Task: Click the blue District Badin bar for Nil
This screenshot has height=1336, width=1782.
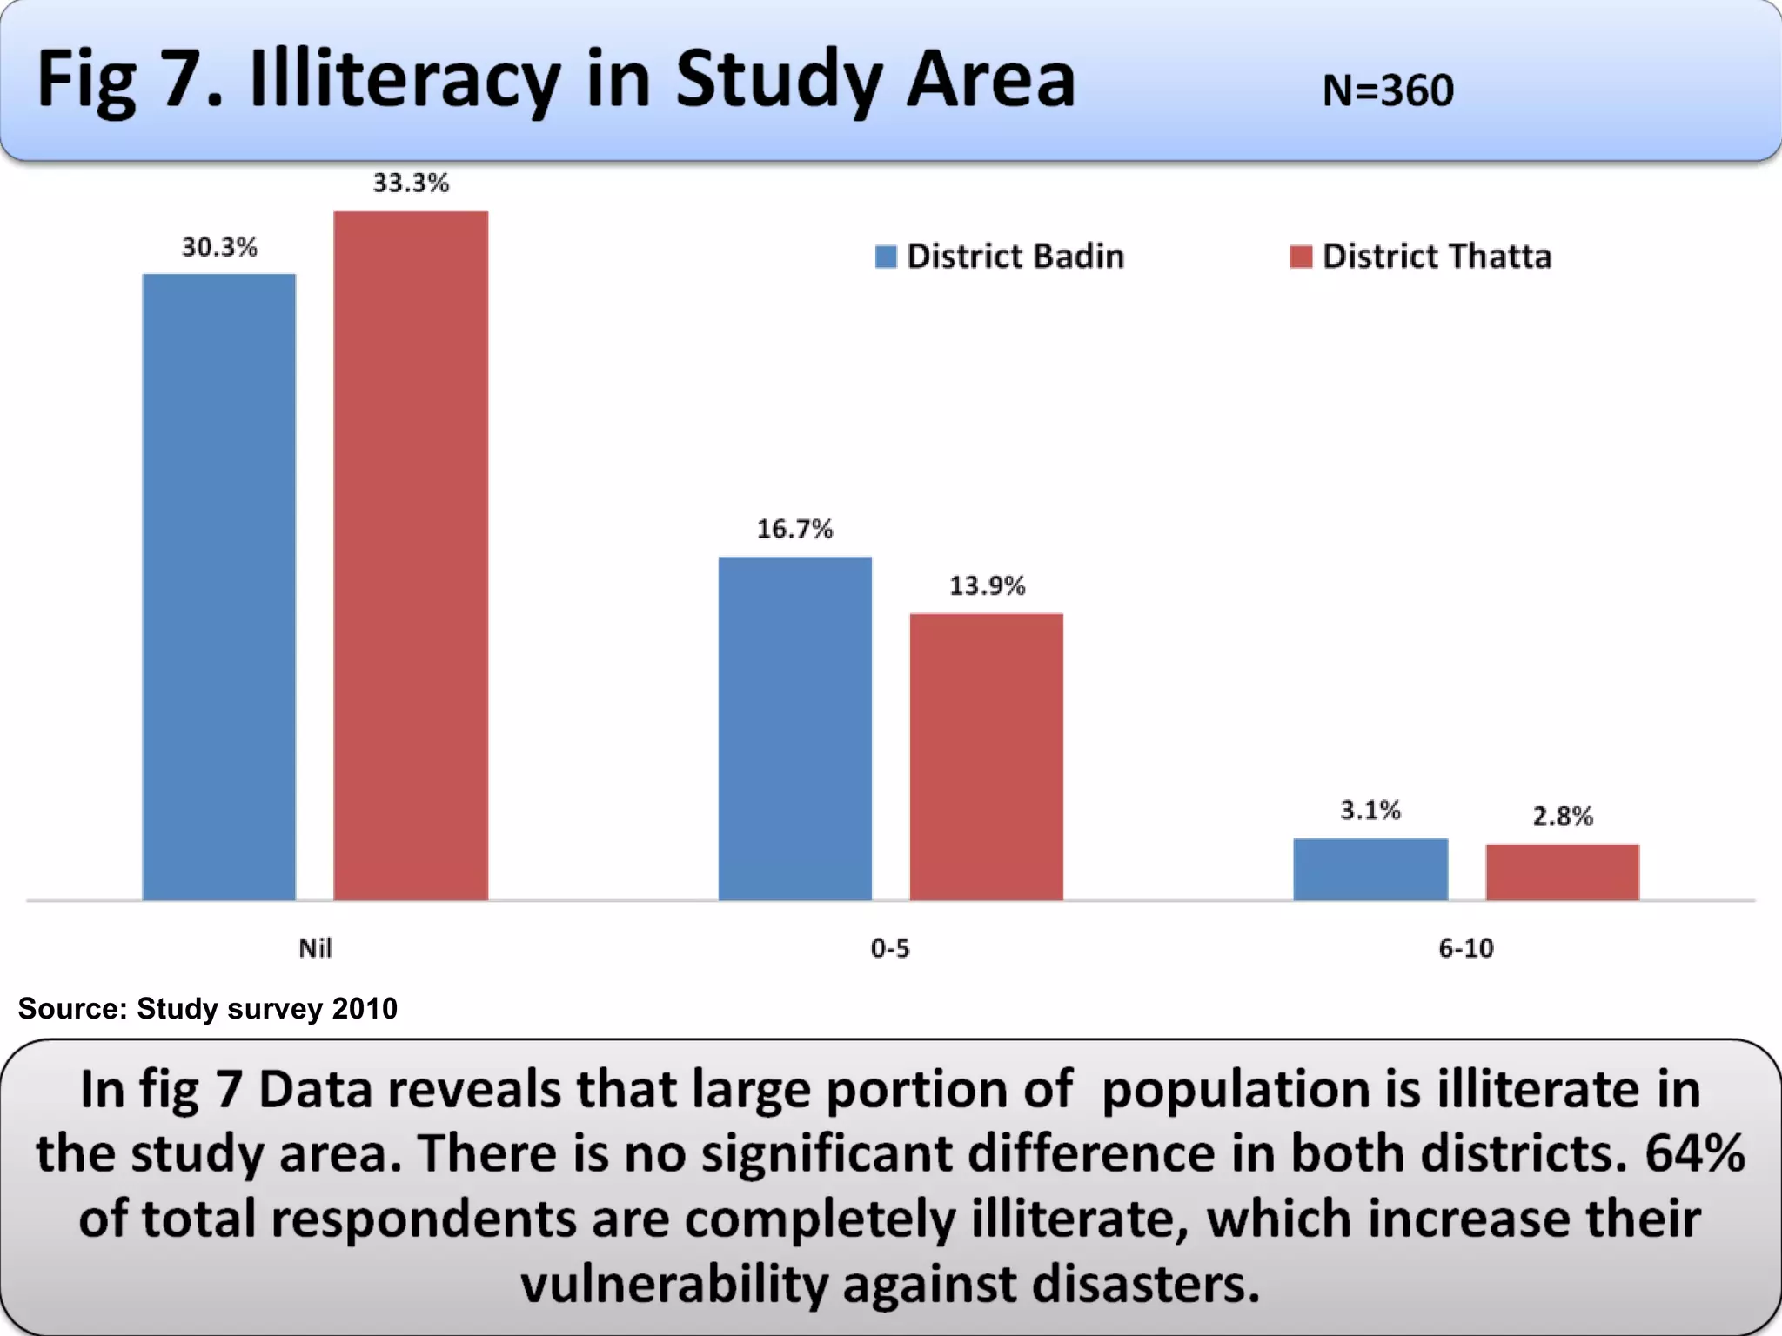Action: [219, 587]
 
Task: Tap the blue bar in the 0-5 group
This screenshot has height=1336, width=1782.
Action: [794, 728]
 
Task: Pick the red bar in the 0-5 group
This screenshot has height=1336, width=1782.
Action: [986, 757]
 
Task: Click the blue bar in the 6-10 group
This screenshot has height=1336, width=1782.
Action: [1370, 869]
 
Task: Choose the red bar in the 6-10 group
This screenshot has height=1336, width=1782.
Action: [1562, 872]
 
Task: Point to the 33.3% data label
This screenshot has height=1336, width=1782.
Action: [411, 183]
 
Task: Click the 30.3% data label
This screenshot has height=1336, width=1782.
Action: [219, 247]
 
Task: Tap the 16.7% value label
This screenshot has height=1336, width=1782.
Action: [794, 529]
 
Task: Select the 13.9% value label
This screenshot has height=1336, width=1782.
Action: [987, 585]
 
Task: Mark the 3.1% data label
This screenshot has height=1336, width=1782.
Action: [1370, 811]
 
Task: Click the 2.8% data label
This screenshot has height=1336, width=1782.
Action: [1563, 816]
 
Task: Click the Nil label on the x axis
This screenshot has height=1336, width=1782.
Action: [315, 947]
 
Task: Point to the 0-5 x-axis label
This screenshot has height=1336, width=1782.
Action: [890, 947]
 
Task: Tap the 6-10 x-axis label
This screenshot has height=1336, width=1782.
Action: [1465, 947]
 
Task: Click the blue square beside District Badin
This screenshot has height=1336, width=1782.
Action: [886, 257]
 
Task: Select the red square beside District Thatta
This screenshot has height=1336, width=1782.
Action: [1301, 257]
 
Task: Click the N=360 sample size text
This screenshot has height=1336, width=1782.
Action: [1388, 90]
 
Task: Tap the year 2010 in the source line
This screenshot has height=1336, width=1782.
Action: [365, 1008]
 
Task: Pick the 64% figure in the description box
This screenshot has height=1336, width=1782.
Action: [1694, 1152]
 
